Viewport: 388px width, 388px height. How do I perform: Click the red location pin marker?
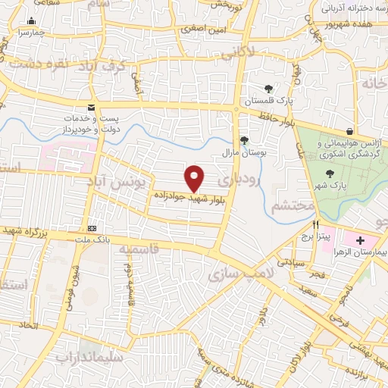point(195,178)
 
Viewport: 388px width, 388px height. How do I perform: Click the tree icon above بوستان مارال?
point(244,139)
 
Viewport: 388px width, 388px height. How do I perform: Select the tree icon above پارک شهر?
point(329,174)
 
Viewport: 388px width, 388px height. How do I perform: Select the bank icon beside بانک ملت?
point(92,228)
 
